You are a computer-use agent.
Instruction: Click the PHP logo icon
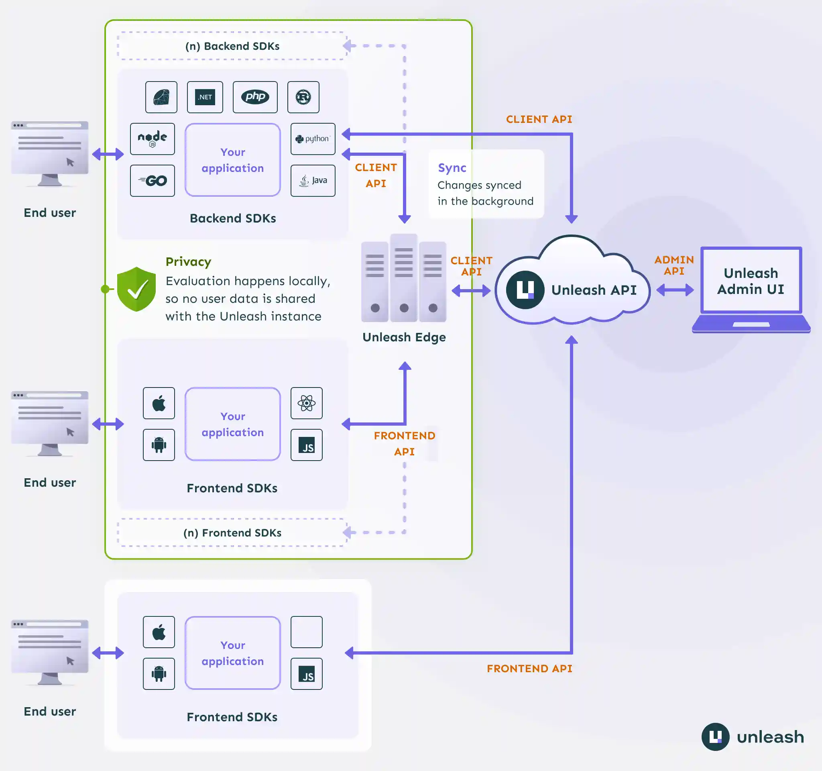click(255, 97)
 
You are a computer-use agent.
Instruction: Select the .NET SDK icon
click(205, 97)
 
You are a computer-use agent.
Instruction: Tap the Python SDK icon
click(313, 139)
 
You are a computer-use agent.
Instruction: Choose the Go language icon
click(152, 181)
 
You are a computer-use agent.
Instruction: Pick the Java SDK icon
click(313, 181)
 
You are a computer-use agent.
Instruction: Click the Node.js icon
click(152, 139)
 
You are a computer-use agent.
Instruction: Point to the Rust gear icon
click(303, 97)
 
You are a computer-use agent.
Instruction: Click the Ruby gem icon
click(161, 97)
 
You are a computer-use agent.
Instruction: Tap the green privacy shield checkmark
click(136, 289)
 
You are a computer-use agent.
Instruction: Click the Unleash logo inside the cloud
click(525, 290)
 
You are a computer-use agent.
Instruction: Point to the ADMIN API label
click(674, 265)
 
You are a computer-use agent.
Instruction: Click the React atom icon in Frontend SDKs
click(306, 403)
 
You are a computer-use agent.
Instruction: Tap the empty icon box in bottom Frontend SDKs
click(306, 632)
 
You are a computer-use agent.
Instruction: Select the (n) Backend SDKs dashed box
click(232, 46)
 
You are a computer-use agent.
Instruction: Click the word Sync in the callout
click(452, 168)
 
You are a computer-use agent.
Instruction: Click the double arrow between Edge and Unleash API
click(471, 291)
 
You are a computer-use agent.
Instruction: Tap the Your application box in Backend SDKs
click(232, 160)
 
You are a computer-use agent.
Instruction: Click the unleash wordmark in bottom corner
click(770, 737)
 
